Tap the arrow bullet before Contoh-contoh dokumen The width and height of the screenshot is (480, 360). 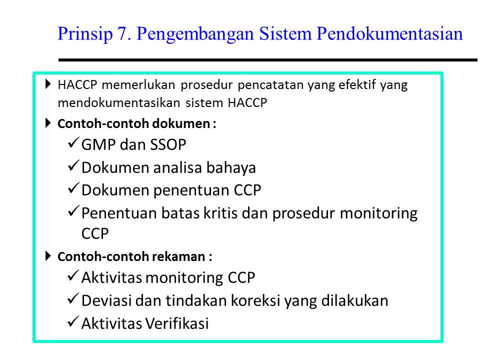(48, 122)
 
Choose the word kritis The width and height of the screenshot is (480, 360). (217, 213)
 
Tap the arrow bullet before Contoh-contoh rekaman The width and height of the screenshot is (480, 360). (48, 256)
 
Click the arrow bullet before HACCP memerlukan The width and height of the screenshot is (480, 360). (48, 83)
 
